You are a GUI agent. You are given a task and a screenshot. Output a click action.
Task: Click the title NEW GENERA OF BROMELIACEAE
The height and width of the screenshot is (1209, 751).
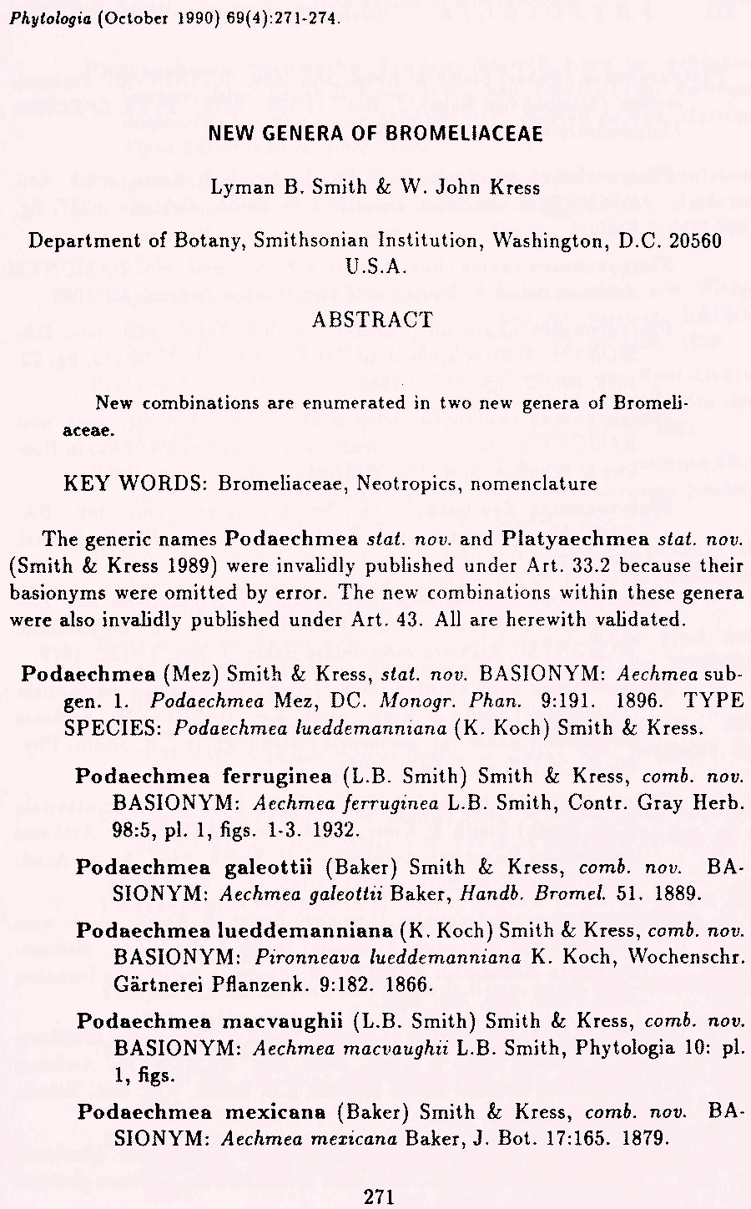click(375, 135)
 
